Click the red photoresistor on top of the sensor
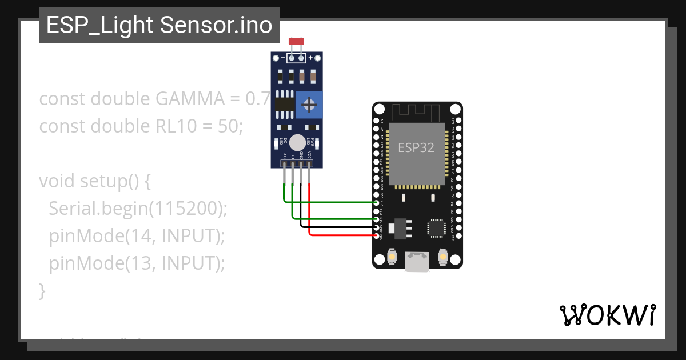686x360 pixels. pyautogui.click(x=296, y=41)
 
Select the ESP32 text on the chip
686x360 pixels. pyautogui.click(x=416, y=147)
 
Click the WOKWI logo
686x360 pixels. pyautogui.click(x=607, y=315)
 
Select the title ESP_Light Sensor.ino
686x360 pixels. pyautogui.click(x=159, y=25)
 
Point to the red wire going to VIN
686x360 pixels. pyautogui.click(x=343, y=235)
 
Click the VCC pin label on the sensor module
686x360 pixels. pyautogui.click(x=310, y=155)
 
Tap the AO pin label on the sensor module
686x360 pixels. pyautogui.click(x=285, y=155)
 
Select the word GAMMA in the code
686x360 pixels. pyautogui.click(x=190, y=99)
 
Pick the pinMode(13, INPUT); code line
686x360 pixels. pyautogui.click(x=137, y=263)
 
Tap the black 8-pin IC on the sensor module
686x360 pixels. pyautogui.click(x=284, y=104)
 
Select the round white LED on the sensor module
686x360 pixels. pyautogui.click(x=297, y=143)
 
